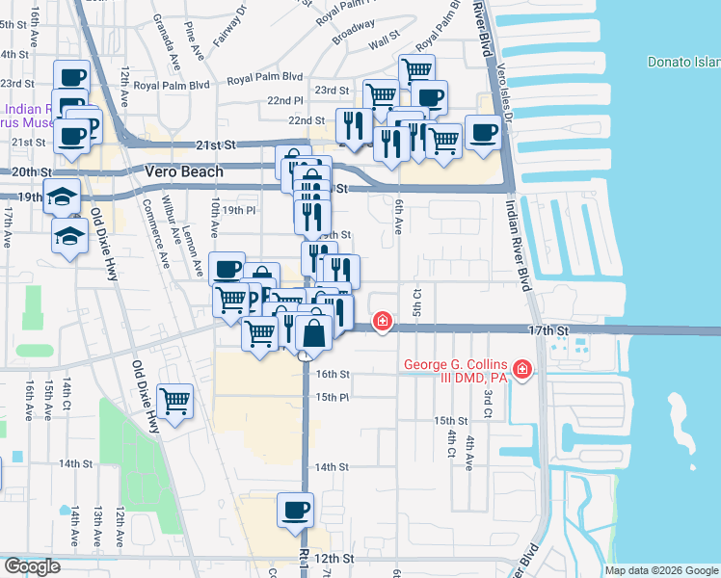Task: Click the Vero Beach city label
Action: (x=183, y=171)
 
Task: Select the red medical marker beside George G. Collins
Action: (x=522, y=369)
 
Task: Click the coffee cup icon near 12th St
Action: (x=295, y=510)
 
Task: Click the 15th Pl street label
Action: (x=332, y=397)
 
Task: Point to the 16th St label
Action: (x=332, y=374)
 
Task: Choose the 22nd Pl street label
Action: (x=285, y=100)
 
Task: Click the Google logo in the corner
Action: (x=33, y=566)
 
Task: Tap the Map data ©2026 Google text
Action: (x=660, y=570)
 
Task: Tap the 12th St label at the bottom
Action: (x=334, y=559)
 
